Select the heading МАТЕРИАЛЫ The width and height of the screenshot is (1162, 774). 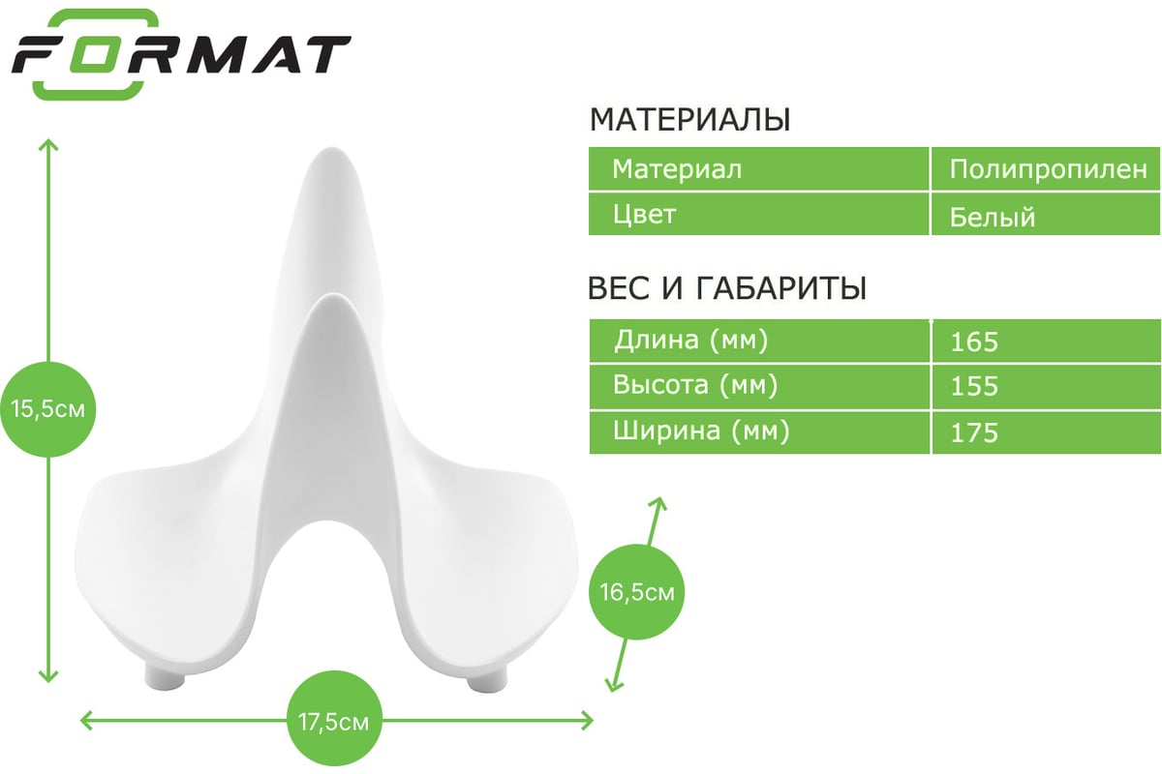689,119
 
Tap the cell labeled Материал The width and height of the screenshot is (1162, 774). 677,169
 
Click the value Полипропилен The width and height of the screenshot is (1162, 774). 1048,170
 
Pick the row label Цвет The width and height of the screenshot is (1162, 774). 644,214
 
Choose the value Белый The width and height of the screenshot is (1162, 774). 993,217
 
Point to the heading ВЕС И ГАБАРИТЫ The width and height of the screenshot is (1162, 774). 727,287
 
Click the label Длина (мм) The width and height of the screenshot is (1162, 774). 691,341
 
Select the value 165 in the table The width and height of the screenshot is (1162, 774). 974,342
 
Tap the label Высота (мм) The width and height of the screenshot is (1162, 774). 695,385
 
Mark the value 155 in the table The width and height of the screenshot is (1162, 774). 974,387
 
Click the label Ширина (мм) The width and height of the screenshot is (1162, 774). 701,432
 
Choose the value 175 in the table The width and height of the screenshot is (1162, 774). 974,432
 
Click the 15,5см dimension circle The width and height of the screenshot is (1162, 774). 47,409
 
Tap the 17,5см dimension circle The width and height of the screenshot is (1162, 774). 334,722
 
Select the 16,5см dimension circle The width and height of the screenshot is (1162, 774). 637,591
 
